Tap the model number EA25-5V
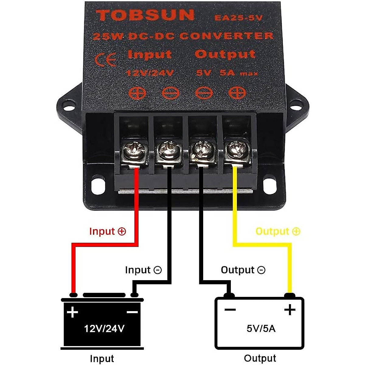click(238, 18)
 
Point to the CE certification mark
click(106, 60)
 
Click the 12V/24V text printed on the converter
click(150, 73)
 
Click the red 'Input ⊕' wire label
click(107, 231)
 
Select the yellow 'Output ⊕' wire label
click(278, 231)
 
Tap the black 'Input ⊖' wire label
click(143, 270)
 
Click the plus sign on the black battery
click(72, 312)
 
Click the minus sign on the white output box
click(230, 310)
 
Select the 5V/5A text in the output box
click(261, 328)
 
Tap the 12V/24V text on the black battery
click(104, 328)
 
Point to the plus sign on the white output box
click(290, 310)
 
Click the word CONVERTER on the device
click(226, 36)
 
